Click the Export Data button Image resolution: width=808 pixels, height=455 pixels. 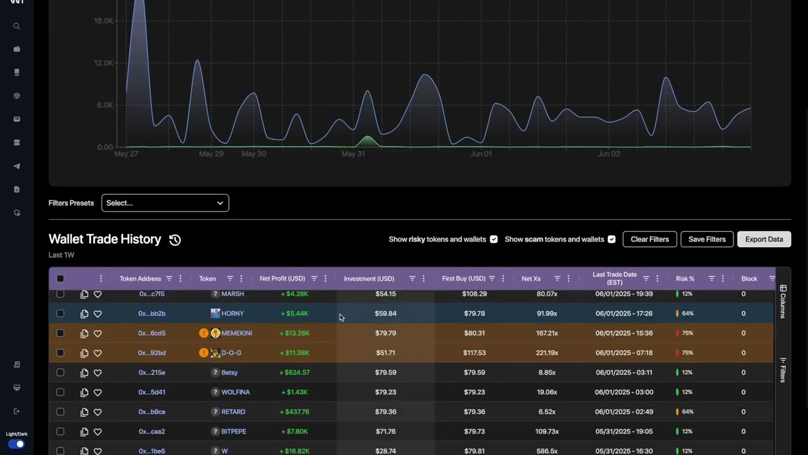click(764, 240)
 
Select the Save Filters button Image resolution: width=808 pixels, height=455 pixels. click(707, 240)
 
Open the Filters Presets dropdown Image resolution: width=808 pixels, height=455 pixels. click(165, 203)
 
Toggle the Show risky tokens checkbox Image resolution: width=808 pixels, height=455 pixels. click(494, 240)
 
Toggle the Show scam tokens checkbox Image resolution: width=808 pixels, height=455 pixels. click(611, 240)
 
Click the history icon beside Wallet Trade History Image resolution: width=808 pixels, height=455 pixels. click(175, 240)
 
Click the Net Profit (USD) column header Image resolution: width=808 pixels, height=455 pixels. click(282, 279)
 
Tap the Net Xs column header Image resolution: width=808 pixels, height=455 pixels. click(531, 279)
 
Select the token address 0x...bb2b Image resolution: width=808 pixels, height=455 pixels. click(151, 313)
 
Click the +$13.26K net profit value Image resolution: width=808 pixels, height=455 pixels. click(294, 333)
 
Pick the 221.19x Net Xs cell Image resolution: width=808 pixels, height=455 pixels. click(547, 353)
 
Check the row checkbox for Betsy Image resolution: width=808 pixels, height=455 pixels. click(61, 372)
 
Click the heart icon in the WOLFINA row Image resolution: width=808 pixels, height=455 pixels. click(98, 392)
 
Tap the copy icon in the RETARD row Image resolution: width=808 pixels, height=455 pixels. click(85, 412)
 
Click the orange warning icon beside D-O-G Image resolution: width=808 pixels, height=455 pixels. click(203, 353)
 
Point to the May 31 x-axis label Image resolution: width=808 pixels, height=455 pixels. click(353, 154)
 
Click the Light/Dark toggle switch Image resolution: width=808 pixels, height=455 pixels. click(17, 444)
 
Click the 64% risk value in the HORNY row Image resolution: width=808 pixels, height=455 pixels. click(687, 313)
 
